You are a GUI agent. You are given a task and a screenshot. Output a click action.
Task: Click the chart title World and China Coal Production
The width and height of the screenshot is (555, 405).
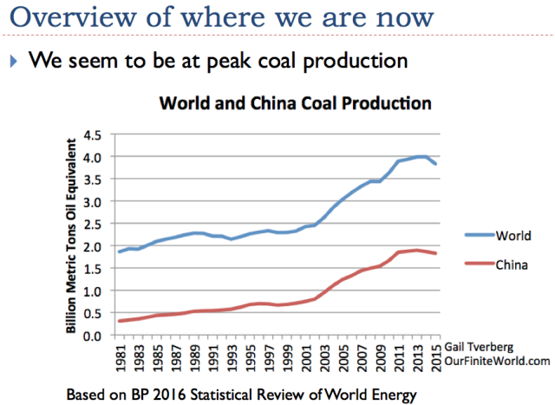click(x=295, y=103)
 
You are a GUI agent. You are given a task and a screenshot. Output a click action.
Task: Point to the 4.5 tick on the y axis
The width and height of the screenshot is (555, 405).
click(x=92, y=134)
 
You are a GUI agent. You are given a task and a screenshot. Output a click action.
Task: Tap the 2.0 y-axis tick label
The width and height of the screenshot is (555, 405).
click(x=92, y=246)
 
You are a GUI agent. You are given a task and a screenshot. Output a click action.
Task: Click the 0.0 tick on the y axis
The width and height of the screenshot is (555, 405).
click(x=92, y=336)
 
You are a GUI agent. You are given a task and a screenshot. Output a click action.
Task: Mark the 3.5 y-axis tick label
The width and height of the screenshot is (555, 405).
click(x=92, y=180)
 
